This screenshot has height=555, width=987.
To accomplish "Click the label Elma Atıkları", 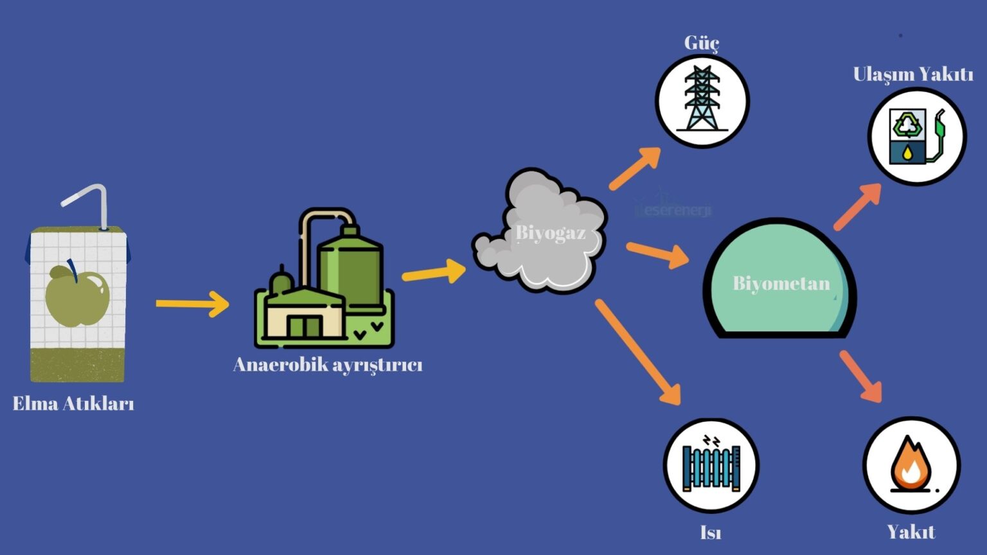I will [x=73, y=403].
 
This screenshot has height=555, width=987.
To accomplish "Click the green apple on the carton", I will [x=76, y=296].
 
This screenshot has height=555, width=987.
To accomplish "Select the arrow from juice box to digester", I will [x=192, y=304].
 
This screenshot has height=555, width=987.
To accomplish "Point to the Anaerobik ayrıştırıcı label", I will [x=328, y=365].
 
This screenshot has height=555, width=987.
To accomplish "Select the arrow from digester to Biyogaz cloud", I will [x=434, y=272].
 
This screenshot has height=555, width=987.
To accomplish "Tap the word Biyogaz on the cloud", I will [x=551, y=232].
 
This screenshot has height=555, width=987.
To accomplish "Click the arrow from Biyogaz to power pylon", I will [x=635, y=168].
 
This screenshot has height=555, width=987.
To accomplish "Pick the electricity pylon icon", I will [x=702, y=100].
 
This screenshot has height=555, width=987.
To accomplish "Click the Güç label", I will [x=701, y=42].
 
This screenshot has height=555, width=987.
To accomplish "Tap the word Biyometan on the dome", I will [x=781, y=283].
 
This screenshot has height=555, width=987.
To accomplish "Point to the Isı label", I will [x=710, y=533].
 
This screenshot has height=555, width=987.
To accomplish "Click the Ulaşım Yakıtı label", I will [x=912, y=74].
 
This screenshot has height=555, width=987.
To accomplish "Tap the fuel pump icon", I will [x=916, y=136].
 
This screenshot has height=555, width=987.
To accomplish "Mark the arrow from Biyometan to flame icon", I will [x=861, y=376].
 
